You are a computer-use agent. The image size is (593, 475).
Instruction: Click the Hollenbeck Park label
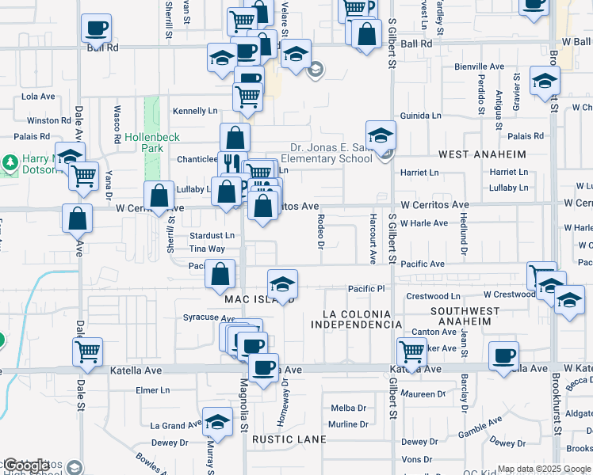coord(143,142)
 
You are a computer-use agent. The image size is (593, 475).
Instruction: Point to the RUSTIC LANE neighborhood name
coord(285,439)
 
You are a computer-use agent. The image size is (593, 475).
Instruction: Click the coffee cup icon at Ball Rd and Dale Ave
coord(96,28)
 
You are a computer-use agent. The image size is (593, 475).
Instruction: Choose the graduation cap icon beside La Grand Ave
coord(216,422)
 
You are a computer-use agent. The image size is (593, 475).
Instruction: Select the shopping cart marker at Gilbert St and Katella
coord(411,350)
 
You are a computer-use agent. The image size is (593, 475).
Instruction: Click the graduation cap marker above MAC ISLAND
coord(283,283)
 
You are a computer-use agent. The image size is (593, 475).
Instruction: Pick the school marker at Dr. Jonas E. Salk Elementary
coord(381,135)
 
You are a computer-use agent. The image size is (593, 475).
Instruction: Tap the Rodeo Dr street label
coord(321,230)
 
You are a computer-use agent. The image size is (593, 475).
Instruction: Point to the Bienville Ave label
coord(480,67)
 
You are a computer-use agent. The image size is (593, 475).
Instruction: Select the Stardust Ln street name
coord(212,235)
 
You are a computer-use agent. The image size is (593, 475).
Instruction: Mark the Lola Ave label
coord(38,97)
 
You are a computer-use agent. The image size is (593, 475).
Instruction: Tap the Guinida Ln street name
coord(420,116)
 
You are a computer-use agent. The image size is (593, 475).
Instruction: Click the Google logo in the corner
coord(27,465)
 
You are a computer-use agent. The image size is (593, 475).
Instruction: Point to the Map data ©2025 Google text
coord(543,469)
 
